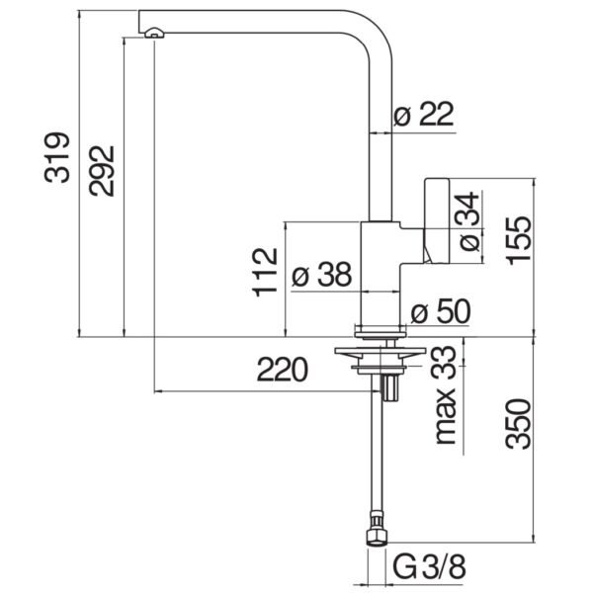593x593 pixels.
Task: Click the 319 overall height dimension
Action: pos(57,157)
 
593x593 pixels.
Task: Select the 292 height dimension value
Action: pos(102,171)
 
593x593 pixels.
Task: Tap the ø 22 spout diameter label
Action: pos(423,114)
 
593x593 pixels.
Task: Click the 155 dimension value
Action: pos(519,240)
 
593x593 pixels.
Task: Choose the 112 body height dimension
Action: pos(265,273)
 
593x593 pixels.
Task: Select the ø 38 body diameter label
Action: pos(322,274)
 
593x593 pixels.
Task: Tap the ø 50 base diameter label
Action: pos(441,311)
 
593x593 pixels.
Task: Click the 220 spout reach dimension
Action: pos(283,369)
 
